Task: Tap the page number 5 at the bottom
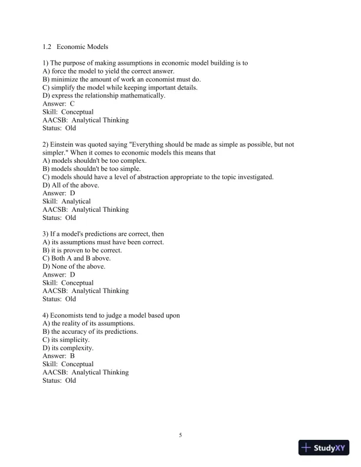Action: (x=180, y=435)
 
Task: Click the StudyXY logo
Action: (x=324, y=448)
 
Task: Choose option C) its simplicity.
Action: (x=66, y=340)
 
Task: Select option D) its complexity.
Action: (x=68, y=348)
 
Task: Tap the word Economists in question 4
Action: (x=68, y=315)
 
